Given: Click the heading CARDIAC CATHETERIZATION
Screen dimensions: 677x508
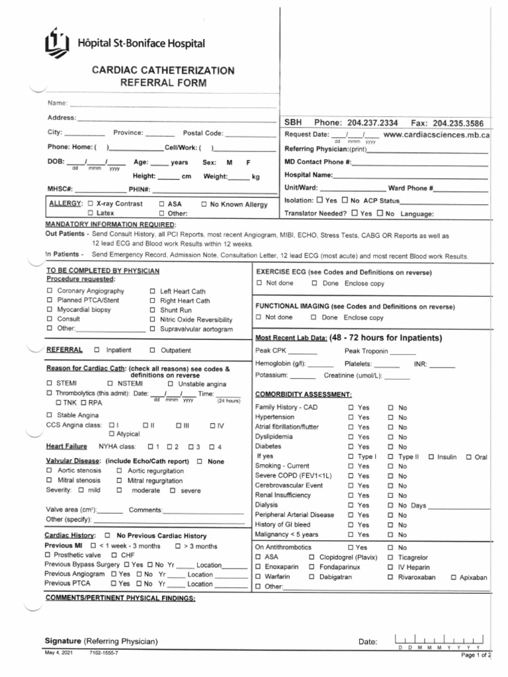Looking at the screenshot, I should [x=163, y=70].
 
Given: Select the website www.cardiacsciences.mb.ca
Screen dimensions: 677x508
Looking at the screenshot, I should [x=436, y=135].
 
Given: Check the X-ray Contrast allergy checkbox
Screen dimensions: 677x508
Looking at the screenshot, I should [x=90, y=204].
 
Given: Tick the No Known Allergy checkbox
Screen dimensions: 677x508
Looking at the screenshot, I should [x=204, y=205].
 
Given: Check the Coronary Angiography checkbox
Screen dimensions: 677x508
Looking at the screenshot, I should [x=50, y=291].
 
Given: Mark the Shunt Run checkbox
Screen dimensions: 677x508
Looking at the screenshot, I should [x=152, y=310].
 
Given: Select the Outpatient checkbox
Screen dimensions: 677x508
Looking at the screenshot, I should [x=152, y=350].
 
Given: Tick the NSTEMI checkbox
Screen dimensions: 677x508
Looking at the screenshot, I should [x=110, y=383].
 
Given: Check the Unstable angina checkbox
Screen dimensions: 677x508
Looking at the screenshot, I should [x=171, y=383].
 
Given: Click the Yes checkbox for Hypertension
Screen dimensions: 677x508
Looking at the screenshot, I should [x=351, y=418].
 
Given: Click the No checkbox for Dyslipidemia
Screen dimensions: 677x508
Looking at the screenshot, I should [x=391, y=437].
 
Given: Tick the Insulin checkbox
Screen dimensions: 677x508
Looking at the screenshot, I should [x=431, y=457].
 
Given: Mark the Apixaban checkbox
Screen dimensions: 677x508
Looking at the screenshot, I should [x=454, y=577].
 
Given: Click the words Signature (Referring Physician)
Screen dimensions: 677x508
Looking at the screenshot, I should [x=101, y=641].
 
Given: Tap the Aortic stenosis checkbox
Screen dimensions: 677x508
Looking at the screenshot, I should [x=50, y=471].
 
